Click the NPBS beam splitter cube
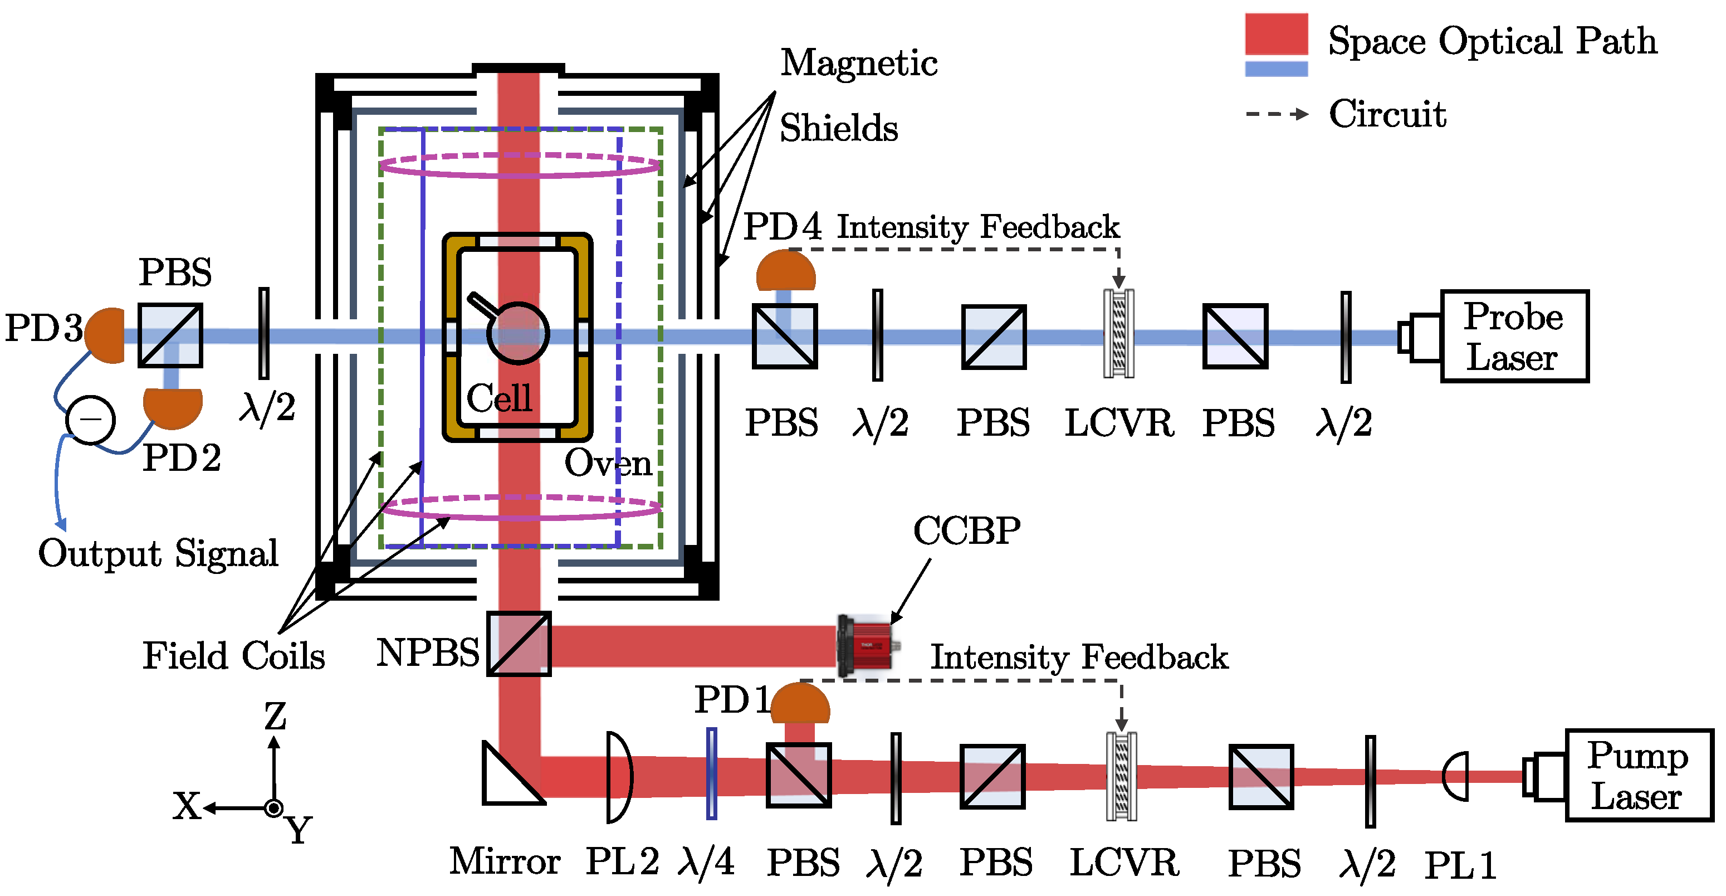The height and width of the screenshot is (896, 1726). [x=519, y=644]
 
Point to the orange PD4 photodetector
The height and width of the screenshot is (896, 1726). [x=785, y=271]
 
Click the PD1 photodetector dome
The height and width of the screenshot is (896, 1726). [x=799, y=703]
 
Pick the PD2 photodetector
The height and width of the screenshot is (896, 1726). [x=173, y=406]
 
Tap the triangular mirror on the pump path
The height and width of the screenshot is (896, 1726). [x=506, y=777]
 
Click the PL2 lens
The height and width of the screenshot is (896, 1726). [x=618, y=777]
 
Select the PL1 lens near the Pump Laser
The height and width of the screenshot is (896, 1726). [x=1456, y=776]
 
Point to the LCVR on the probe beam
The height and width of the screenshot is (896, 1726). [x=1118, y=334]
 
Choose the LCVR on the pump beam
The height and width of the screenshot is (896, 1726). [x=1121, y=776]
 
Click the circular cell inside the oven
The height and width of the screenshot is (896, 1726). [x=518, y=333]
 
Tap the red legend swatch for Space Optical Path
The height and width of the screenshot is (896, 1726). [x=1276, y=33]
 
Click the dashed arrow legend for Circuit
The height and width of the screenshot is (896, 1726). [x=1276, y=114]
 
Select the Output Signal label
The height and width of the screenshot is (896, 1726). [x=158, y=553]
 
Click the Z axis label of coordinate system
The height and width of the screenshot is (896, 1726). [x=275, y=717]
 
